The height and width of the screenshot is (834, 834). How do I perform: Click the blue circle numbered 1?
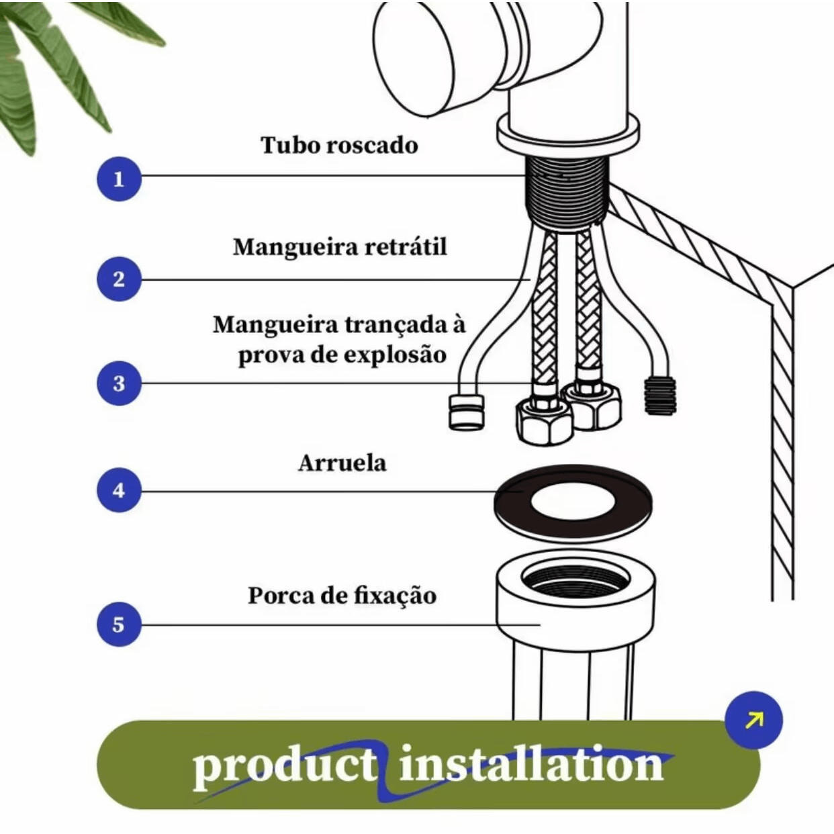[119, 179]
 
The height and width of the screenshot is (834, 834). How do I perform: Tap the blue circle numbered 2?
[119, 279]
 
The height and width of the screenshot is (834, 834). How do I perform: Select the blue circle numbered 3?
[119, 383]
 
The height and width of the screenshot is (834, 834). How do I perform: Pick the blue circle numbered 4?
[119, 490]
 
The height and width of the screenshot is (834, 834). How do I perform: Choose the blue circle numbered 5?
[119, 624]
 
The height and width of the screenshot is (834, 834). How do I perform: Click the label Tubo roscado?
[339, 145]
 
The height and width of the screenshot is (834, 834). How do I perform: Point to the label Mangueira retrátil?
[340, 247]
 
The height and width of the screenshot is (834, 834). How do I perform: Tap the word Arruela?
[342, 463]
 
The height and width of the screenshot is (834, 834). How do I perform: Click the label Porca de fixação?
[342, 596]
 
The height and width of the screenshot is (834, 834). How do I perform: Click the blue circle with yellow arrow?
[753, 720]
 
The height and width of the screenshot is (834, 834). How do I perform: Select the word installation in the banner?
[530, 766]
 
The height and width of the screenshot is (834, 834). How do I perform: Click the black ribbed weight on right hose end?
[660, 396]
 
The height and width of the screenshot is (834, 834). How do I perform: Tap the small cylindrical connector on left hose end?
[466, 412]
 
